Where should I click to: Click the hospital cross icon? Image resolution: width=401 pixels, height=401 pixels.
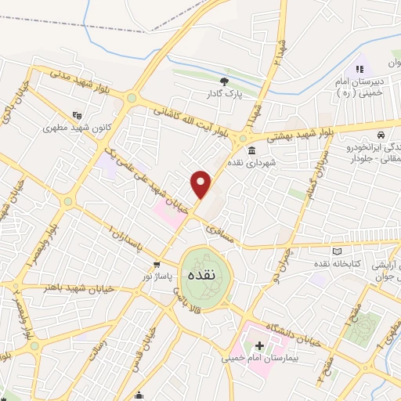(x=259, y=345)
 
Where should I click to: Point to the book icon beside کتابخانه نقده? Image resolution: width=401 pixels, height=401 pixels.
(x=338, y=251)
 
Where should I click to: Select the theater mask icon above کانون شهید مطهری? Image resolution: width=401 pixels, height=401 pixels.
(x=77, y=114)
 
